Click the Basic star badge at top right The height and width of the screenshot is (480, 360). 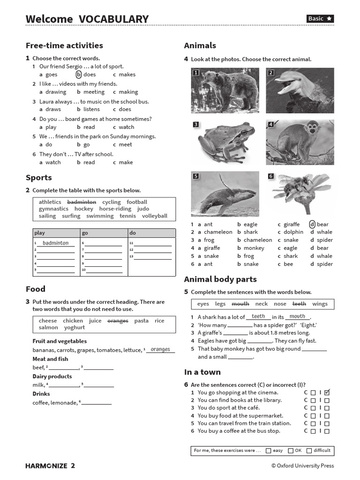point(320,19)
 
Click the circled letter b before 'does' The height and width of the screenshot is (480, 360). point(79,75)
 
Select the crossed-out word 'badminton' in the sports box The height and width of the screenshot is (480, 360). point(82,202)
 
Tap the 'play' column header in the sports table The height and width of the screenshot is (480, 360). point(40,233)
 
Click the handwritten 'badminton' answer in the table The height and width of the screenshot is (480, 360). point(55,243)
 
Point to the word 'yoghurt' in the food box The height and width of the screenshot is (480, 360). point(75,328)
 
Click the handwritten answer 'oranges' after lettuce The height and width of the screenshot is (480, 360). point(160,350)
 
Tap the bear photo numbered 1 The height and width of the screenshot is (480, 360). point(225,90)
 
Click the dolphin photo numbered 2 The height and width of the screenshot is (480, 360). point(300,90)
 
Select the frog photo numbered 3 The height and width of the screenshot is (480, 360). point(225,142)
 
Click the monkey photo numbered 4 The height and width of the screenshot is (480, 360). point(300,142)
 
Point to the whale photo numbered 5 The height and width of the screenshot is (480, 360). point(225,193)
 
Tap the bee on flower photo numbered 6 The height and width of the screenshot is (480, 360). point(300,193)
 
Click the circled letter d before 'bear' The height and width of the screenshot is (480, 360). point(312,225)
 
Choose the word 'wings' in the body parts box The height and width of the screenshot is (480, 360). point(320,304)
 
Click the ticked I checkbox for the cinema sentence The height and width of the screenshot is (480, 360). point(327,392)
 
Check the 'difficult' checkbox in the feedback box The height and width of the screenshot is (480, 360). point(309,450)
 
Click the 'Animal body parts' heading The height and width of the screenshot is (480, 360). point(220,279)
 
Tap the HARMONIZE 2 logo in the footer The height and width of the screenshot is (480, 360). point(50,465)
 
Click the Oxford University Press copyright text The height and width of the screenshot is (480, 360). point(302,465)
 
